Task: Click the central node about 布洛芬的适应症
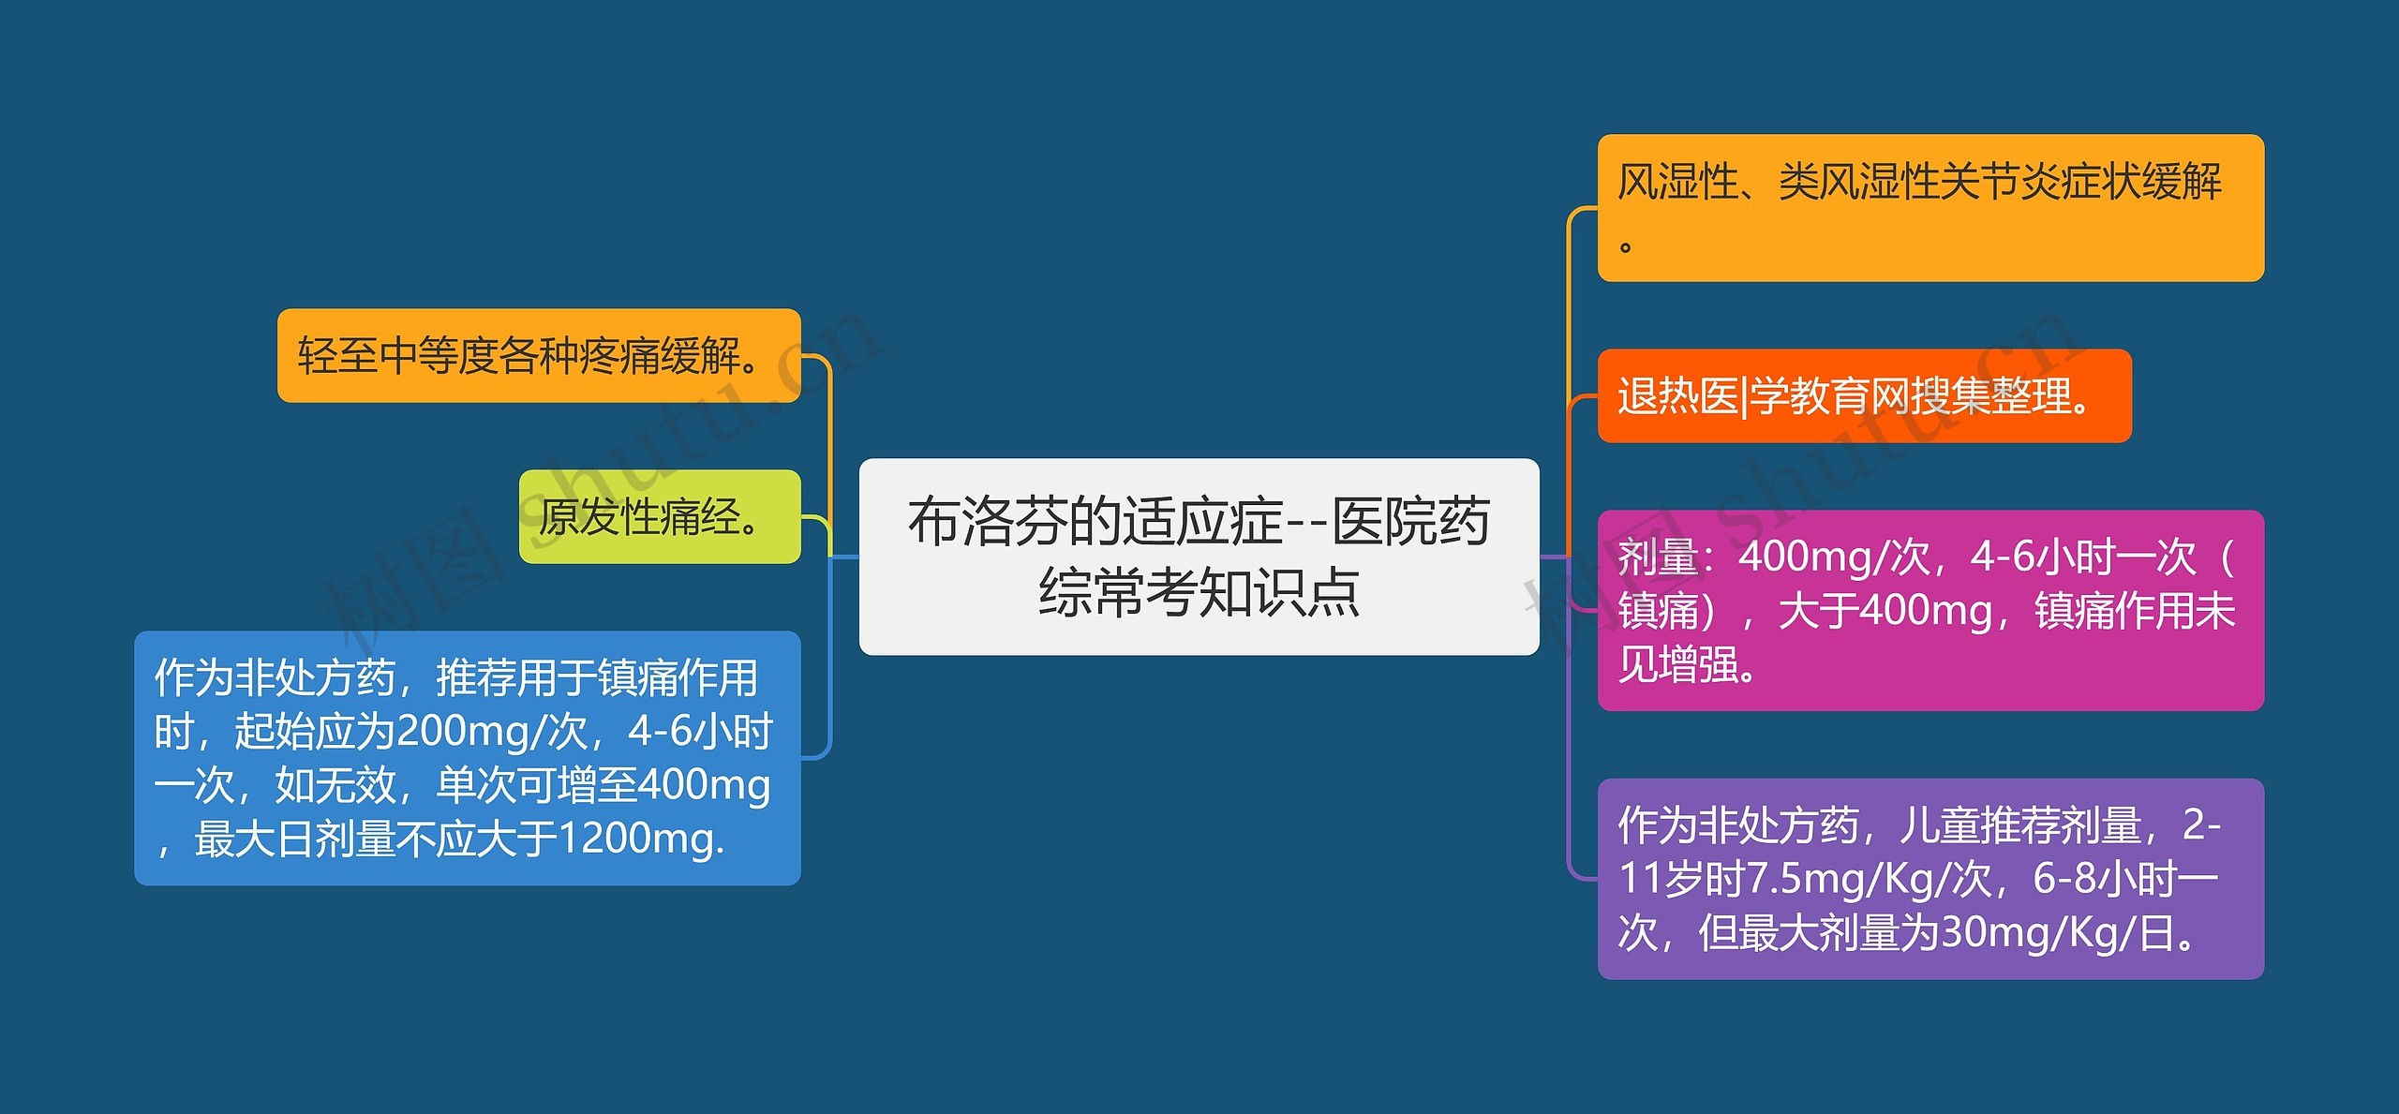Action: coord(1199,557)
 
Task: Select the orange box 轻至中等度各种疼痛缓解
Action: coord(539,356)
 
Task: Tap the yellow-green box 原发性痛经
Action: coord(660,516)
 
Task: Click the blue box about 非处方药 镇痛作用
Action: coord(468,758)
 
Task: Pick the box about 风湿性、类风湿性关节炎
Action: coord(1930,208)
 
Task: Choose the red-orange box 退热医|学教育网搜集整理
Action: coord(1864,395)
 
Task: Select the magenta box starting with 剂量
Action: coord(1930,611)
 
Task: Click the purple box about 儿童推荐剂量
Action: coord(1930,879)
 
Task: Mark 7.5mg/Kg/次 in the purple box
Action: coord(1870,880)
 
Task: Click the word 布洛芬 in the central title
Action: coord(988,522)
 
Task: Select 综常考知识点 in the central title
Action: coord(1199,592)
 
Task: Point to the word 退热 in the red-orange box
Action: coord(1659,395)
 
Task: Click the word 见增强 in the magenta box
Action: coord(1678,665)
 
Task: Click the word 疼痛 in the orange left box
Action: coord(619,356)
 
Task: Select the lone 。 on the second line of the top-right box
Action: coord(1626,247)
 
